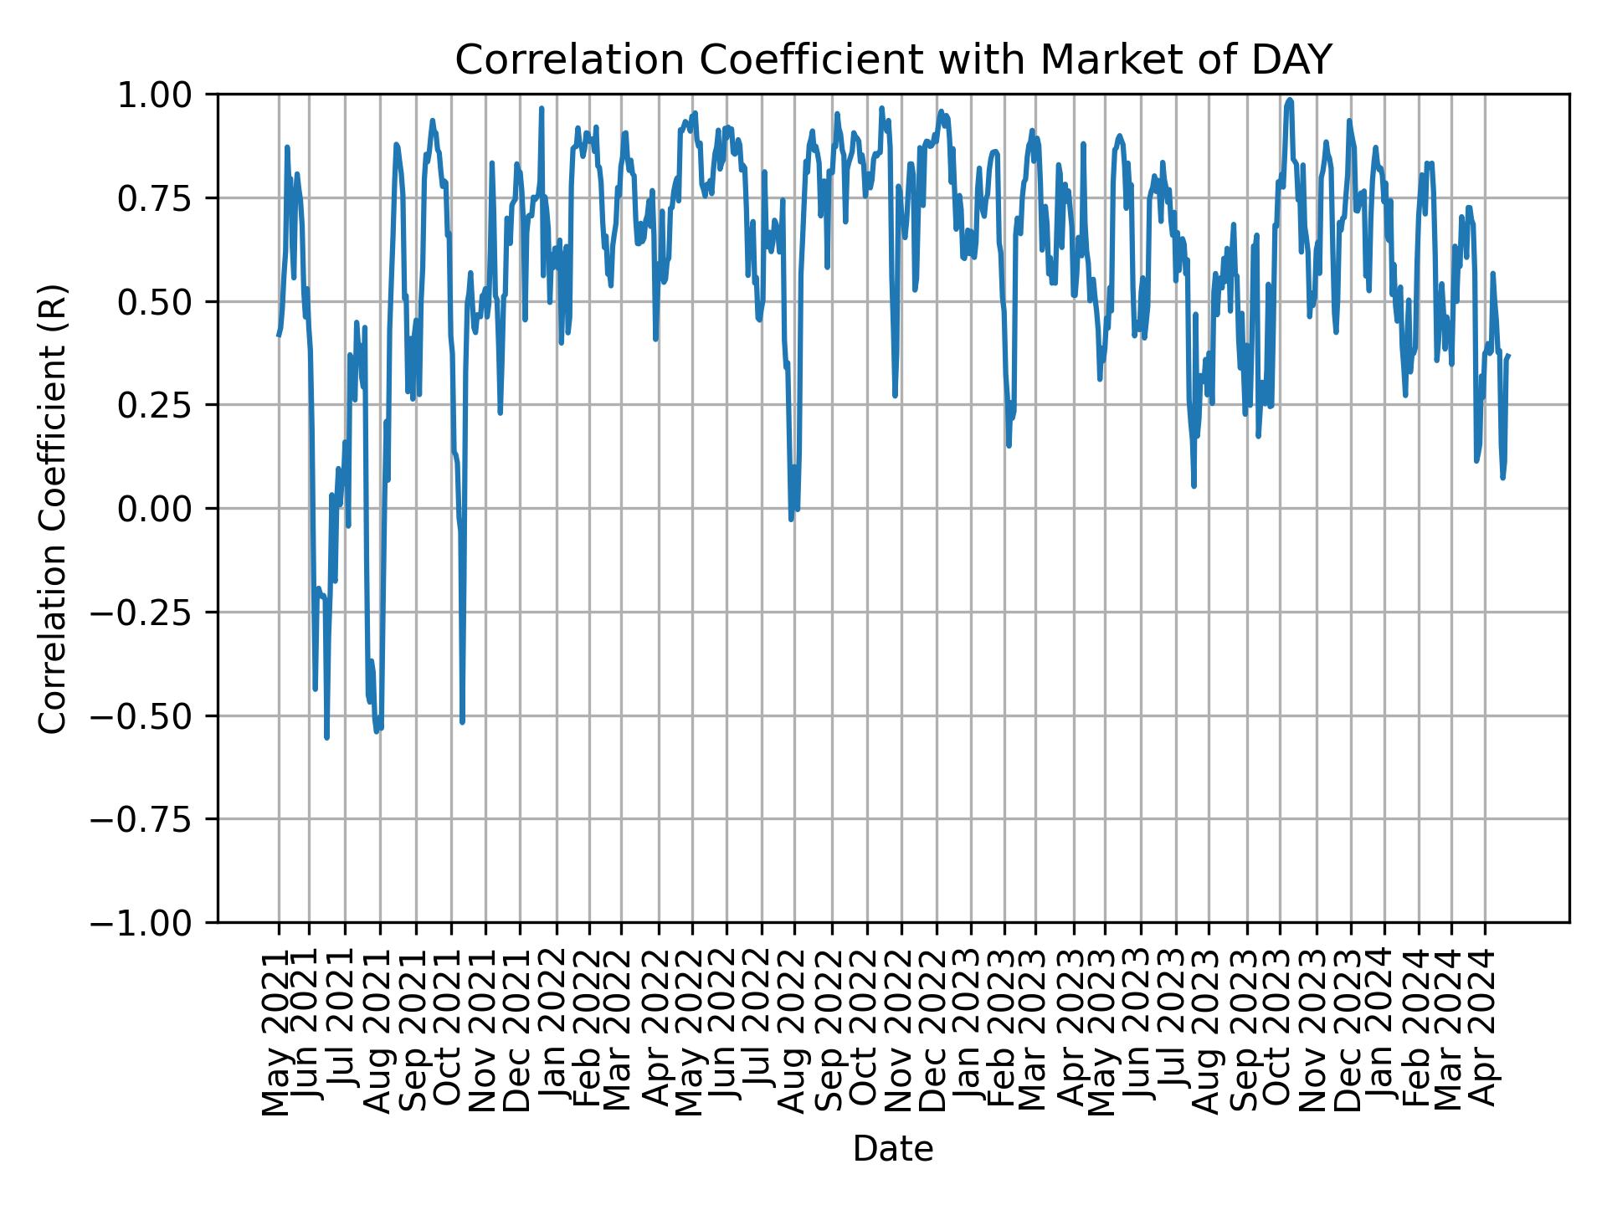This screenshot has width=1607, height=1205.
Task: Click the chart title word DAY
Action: click(x=1290, y=60)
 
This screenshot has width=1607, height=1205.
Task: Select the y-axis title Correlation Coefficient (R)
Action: click(x=52, y=509)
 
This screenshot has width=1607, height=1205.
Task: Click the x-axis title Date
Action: click(x=892, y=1150)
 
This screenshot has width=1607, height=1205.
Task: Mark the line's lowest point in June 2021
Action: click(x=326, y=737)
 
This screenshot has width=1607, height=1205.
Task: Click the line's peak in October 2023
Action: click(x=1290, y=100)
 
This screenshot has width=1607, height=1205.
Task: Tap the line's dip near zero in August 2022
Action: click(x=791, y=519)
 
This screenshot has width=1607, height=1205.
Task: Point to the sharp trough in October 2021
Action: click(x=462, y=721)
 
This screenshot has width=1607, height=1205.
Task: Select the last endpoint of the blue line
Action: click(x=1508, y=356)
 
